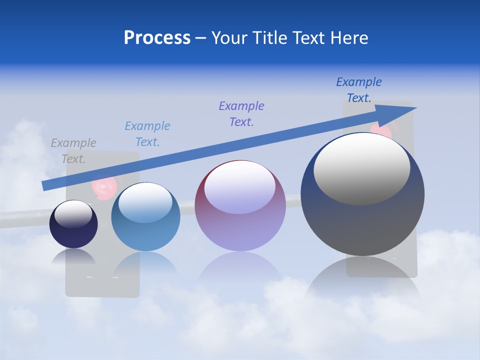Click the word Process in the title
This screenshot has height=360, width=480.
point(157,38)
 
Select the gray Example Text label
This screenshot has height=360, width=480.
point(73,151)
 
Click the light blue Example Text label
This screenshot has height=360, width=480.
point(147,134)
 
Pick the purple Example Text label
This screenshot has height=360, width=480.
point(241,114)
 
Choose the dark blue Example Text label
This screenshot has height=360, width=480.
point(359,90)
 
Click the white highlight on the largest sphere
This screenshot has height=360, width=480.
point(362,167)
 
